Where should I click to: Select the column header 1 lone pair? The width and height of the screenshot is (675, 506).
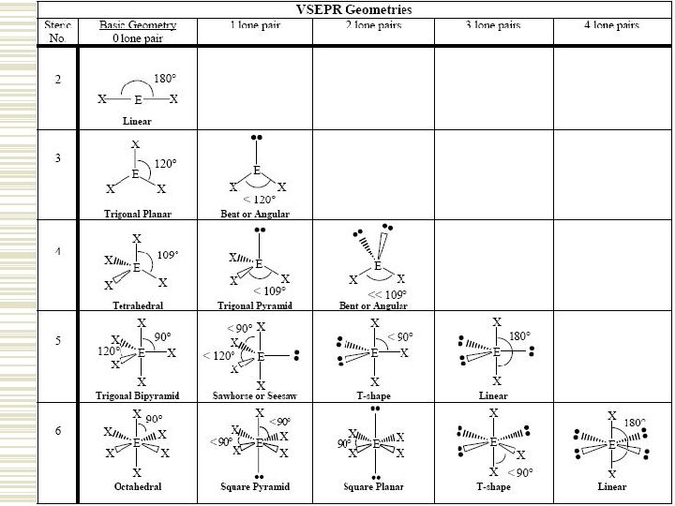point(256,25)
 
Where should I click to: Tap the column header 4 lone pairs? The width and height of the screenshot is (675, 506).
point(611,25)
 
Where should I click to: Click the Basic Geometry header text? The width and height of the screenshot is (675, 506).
point(137,25)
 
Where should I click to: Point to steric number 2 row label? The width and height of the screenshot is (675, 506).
point(58,79)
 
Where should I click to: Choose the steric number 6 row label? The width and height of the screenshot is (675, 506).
point(58,430)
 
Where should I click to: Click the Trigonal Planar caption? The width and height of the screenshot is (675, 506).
point(137,214)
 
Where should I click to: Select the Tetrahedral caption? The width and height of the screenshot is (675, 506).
point(137,305)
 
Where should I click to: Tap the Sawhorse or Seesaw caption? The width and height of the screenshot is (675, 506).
point(256,395)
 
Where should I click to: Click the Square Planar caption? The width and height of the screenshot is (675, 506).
point(374,487)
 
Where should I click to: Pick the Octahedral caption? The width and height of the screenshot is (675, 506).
point(137,487)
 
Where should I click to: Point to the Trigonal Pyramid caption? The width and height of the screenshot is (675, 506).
point(256,305)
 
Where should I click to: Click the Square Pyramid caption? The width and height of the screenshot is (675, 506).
point(256,487)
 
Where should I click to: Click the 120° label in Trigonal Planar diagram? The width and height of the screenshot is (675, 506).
point(165,162)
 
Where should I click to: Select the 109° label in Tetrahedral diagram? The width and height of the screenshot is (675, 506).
point(167,254)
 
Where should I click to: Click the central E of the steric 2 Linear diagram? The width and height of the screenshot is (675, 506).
point(138,98)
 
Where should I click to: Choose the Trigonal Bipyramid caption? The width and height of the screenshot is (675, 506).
point(137,395)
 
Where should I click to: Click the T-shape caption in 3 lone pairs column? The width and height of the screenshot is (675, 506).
point(494,487)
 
